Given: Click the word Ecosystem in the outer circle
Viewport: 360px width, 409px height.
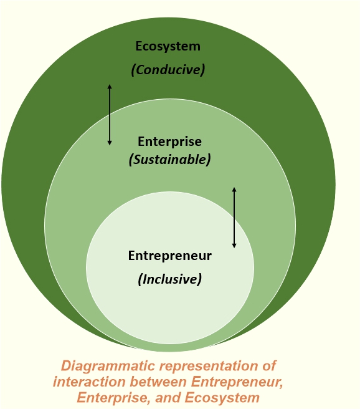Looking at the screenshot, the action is [x=168, y=46].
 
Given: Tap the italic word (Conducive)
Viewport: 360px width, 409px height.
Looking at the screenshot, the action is [x=168, y=70].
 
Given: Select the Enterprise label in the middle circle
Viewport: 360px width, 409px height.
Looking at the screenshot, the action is [x=169, y=142].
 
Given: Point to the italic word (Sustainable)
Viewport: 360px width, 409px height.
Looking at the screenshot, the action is [x=169, y=159].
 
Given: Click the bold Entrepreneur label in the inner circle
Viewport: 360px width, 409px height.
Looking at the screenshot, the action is [x=170, y=256].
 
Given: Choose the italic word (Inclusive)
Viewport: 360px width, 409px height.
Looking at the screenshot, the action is [x=170, y=279].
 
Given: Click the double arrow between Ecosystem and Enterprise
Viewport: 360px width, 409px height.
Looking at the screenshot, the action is [x=110, y=115].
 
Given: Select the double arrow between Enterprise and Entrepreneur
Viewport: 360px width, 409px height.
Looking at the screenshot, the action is [x=234, y=218].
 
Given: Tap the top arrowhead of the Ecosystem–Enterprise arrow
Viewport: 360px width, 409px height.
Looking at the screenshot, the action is [x=110, y=85].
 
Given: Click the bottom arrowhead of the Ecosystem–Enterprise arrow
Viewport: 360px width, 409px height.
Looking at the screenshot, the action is [x=110, y=144].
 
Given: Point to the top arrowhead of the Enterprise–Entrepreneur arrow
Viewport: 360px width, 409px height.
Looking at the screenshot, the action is [x=234, y=188].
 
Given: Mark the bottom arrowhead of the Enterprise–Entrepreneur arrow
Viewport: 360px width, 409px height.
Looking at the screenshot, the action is [x=234, y=246].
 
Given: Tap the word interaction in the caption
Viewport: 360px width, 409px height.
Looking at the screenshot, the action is [x=89, y=382].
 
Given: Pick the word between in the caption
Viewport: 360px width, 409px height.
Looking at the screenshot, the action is [x=158, y=382].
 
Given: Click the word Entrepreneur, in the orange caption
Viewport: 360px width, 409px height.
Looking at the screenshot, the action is [x=237, y=382].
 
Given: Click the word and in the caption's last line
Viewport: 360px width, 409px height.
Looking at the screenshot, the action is [x=168, y=398].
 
